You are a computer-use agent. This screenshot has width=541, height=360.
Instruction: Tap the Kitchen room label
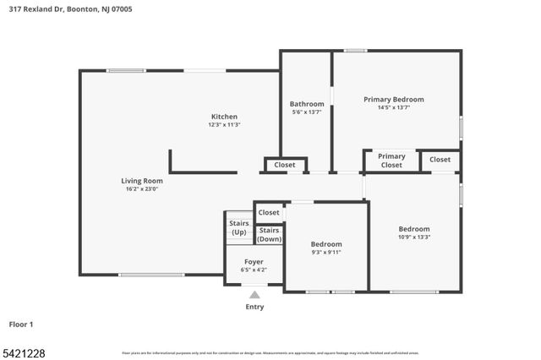click(x=224, y=117)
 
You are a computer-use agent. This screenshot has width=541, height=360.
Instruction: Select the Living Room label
click(x=141, y=181)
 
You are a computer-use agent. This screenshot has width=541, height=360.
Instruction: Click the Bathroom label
click(x=307, y=104)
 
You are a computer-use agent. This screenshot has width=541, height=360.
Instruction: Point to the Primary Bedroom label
click(x=394, y=99)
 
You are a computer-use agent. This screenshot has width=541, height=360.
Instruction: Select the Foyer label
click(x=254, y=262)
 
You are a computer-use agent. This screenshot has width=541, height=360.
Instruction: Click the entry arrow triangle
click(x=254, y=295)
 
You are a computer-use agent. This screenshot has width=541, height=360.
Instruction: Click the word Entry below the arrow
click(x=254, y=307)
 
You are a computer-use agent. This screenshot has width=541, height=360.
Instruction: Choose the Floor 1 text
click(x=21, y=324)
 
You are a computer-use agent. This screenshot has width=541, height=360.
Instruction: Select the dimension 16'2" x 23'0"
click(x=141, y=188)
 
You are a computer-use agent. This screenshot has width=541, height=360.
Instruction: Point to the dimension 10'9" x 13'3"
click(x=414, y=237)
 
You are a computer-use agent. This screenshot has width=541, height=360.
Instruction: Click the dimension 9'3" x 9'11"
click(x=326, y=252)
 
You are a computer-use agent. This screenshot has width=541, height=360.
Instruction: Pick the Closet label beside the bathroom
click(x=285, y=165)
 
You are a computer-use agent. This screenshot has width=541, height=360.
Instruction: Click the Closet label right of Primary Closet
click(x=440, y=159)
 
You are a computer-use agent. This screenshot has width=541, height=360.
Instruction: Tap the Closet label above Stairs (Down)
click(x=269, y=212)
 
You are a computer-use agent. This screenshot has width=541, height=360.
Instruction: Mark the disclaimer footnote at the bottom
click(x=270, y=352)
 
